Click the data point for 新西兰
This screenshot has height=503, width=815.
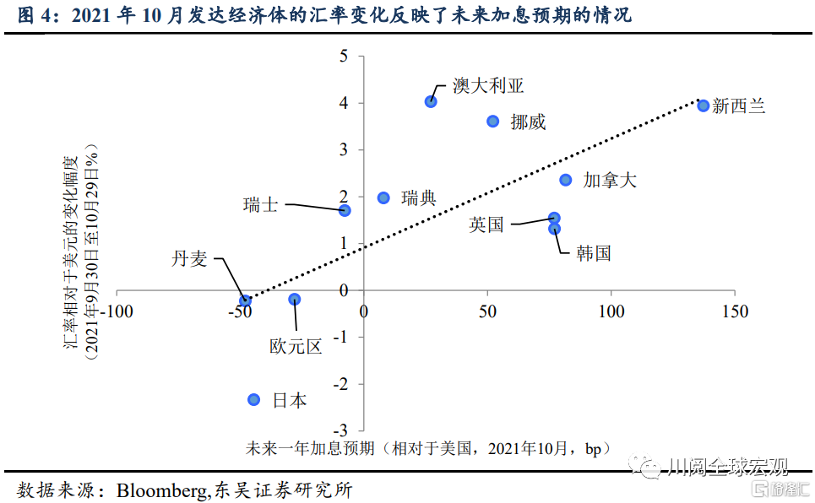[703, 105]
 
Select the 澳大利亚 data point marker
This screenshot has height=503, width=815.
[431, 101]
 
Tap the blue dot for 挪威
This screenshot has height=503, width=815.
[493, 121]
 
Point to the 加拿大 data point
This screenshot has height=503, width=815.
[566, 180]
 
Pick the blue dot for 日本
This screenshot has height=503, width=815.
[254, 399]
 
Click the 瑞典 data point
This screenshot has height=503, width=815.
[383, 197]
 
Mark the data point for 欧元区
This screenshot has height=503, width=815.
[295, 300]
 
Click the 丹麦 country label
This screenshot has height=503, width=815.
[189, 259]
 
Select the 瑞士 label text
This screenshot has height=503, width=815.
[260, 204]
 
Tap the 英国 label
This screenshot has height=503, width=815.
[486, 224]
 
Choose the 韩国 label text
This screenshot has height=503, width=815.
[593, 253]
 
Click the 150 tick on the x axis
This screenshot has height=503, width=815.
[735, 312]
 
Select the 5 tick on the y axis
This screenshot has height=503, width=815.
[344, 57]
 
